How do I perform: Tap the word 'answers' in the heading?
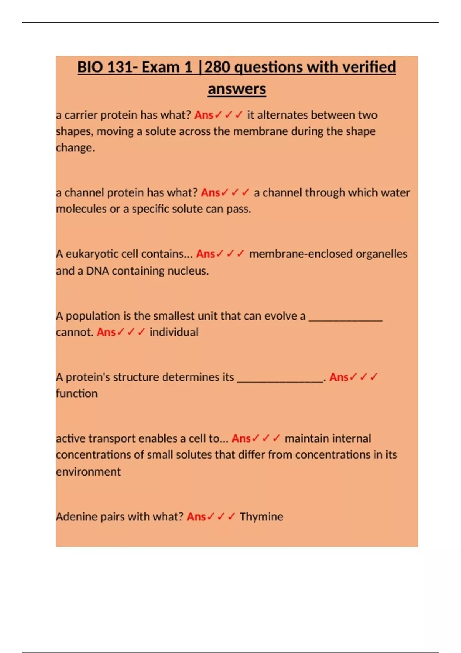click(x=237, y=89)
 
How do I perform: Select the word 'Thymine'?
click(x=261, y=517)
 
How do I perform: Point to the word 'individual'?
click(x=174, y=332)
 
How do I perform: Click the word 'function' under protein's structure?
click(x=76, y=393)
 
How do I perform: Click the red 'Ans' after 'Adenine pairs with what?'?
click(x=196, y=517)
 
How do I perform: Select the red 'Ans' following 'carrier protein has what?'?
click(x=204, y=115)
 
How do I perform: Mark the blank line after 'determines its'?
click(x=280, y=380)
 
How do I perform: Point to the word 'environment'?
click(x=88, y=472)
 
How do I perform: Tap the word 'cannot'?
click(x=74, y=332)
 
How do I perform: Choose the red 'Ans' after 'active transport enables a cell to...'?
click(x=241, y=438)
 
